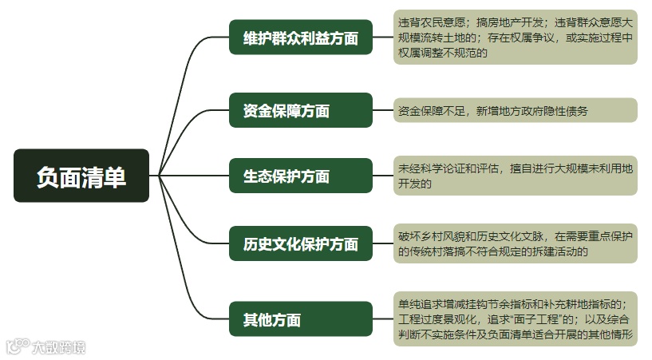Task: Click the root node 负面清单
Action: [x=81, y=176]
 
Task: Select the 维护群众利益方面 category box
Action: [x=301, y=37]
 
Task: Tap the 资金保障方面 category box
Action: [x=301, y=110]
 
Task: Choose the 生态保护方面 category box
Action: [x=301, y=176]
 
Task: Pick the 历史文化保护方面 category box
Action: [x=301, y=244]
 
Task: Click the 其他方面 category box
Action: [x=301, y=320]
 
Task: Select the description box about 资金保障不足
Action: [x=516, y=110]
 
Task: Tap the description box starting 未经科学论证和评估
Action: [x=516, y=176]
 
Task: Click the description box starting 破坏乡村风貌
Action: [x=516, y=244]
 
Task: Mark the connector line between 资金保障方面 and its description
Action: [x=383, y=110]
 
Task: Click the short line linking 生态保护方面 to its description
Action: [x=383, y=176]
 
